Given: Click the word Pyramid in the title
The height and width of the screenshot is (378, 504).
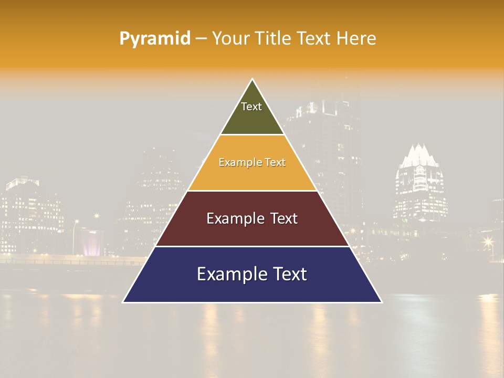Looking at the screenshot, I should click(x=155, y=39).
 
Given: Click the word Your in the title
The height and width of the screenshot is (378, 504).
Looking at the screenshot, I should click(x=230, y=39).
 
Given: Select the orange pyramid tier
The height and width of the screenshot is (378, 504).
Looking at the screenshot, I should click(x=253, y=176).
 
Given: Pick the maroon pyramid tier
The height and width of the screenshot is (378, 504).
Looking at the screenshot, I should click(x=253, y=231).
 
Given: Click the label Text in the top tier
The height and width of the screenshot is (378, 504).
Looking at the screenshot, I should click(x=251, y=107).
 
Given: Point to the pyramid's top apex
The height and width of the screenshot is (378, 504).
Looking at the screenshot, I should click(x=253, y=79).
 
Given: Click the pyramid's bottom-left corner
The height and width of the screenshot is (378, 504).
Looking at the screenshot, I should click(x=123, y=302).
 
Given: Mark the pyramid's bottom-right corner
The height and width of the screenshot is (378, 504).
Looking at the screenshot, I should click(x=382, y=302).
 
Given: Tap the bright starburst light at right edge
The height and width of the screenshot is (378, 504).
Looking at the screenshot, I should click(x=488, y=241).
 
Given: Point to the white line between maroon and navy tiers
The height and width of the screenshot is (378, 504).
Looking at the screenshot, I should click(x=253, y=246).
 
